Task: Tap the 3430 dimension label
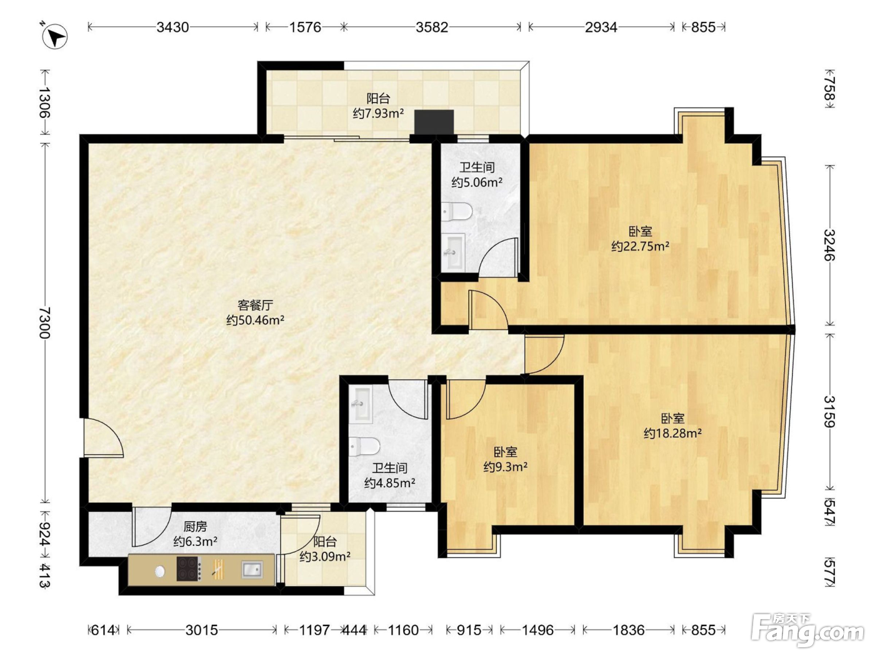coord(172,27)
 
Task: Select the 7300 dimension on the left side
coord(44,322)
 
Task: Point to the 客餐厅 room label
coord(255,305)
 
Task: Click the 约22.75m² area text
coord(640,247)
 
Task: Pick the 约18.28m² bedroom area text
coord(673,433)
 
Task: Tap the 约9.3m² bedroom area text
coord(506,467)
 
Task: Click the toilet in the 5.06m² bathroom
coord(457,212)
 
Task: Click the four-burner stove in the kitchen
coord(189,569)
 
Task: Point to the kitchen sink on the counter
coord(252,570)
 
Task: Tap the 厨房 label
coord(196,527)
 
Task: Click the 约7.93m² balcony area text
coord(378,114)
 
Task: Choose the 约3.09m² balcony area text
coord(325,556)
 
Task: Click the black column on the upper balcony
coord(434,122)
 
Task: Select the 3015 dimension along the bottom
coord(202,630)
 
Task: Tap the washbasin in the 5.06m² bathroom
coord(453,251)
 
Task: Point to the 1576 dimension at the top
coord(305,27)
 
